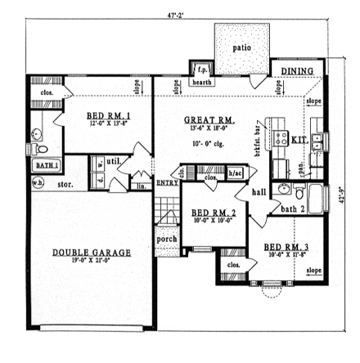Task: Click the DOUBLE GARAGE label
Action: pyautogui.click(x=92, y=252)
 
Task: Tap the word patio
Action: pyautogui.click(x=241, y=47)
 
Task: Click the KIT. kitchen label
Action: pyautogui.click(x=299, y=141)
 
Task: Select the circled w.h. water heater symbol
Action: pyautogui.click(x=38, y=182)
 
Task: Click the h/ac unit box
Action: pyautogui.click(x=236, y=173)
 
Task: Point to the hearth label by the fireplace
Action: pyautogui.click(x=201, y=83)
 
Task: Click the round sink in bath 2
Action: pyautogui.click(x=283, y=190)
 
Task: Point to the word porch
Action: pyautogui.click(x=167, y=239)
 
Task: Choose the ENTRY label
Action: pyautogui.click(x=166, y=182)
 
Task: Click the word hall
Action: pyautogui.click(x=260, y=192)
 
